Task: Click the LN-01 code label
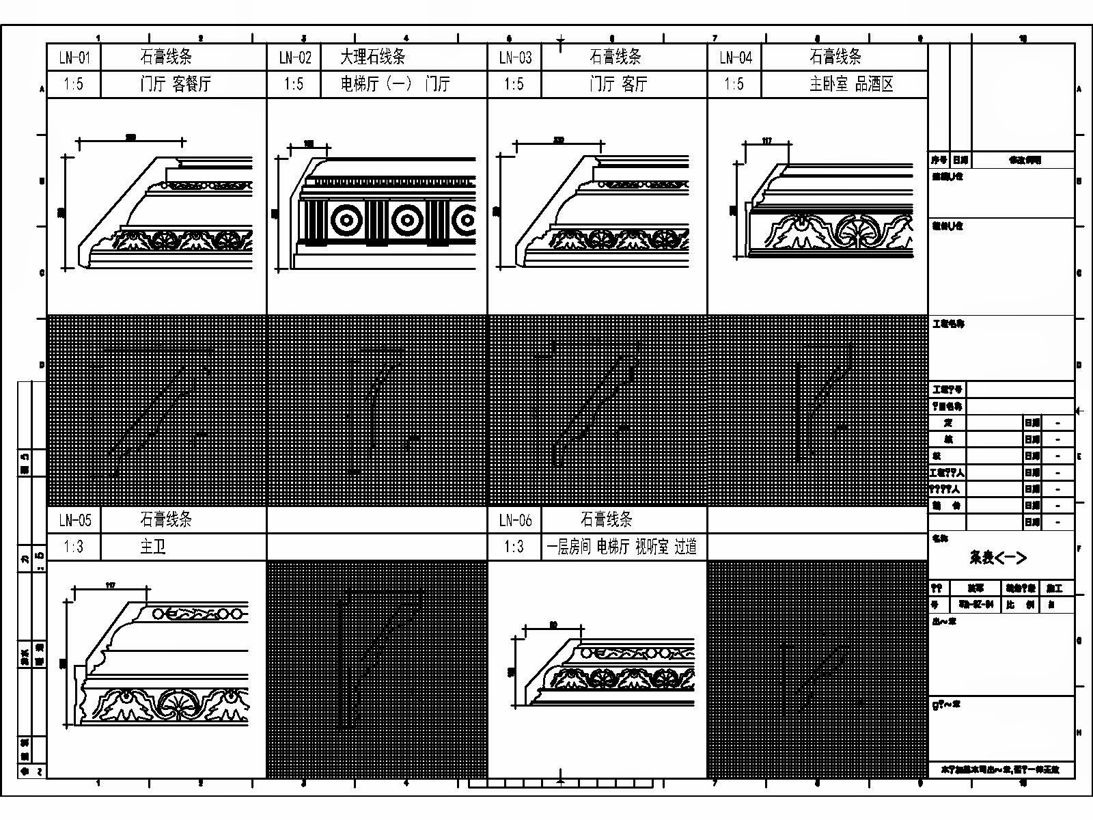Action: tap(74, 57)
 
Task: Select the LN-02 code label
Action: tap(294, 57)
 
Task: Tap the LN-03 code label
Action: tap(514, 57)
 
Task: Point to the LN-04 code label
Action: tap(735, 57)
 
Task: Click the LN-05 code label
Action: tap(74, 520)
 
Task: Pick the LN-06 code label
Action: tap(514, 520)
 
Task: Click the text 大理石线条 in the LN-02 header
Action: tap(373, 57)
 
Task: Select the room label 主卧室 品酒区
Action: tap(851, 84)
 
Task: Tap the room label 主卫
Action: tap(152, 547)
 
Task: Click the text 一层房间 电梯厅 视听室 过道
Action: tap(622, 547)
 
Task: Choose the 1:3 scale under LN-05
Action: tap(74, 547)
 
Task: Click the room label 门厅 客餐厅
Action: tap(176, 84)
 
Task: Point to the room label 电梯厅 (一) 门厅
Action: tap(395, 84)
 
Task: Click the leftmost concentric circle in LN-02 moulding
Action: tap(346, 220)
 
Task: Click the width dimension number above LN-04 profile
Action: tap(766, 141)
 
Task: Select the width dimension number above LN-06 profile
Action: tap(553, 624)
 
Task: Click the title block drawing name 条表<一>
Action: tap(997, 558)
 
